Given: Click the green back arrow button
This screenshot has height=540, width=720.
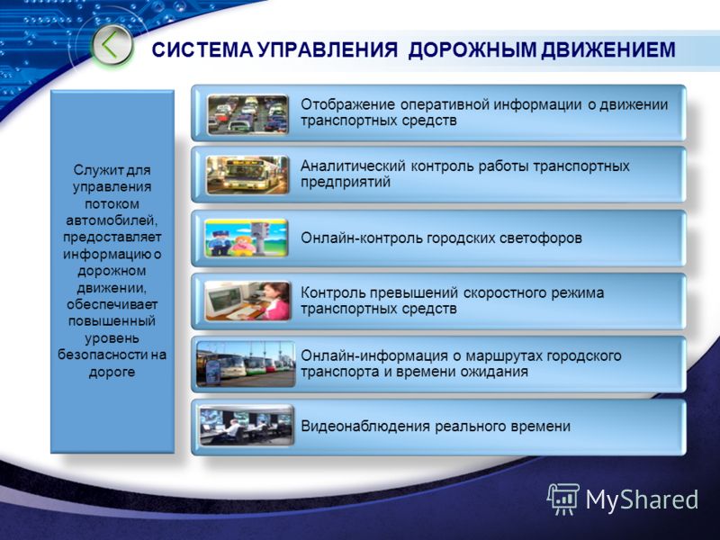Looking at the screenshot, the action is click(x=112, y=45).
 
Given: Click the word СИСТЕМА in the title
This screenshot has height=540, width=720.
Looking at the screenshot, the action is click(x=202, y=49).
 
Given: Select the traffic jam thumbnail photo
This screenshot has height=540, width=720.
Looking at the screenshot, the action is click(x=247, y=114).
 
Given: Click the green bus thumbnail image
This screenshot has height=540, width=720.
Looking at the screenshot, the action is click(x=247, y=175).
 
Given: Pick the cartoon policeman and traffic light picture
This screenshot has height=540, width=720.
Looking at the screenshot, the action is click(x=246, y=238).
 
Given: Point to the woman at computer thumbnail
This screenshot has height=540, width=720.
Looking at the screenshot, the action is click(x=247, y=301).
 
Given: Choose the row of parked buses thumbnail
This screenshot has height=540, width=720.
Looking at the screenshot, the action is click(x=245, y=364).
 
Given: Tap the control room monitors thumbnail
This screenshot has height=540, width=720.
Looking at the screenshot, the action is click(x=246, y=426).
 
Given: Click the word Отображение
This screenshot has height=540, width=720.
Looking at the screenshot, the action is click(x=347, y=104).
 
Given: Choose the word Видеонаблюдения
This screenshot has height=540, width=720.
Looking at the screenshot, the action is click(x=365, y=426).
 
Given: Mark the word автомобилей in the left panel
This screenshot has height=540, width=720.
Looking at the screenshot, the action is click(x=112, y=220).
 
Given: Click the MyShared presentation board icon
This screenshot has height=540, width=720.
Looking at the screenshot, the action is click(x=563, y=499).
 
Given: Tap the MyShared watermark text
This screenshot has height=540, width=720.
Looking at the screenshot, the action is click(x=642, y=499).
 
